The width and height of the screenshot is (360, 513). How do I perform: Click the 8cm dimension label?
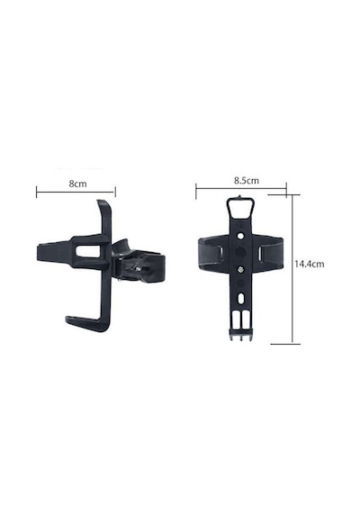click(x=78, y=184)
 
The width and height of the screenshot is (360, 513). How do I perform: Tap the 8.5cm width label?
click(x=246, y=181)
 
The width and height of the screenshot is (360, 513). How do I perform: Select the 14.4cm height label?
click(x=310, y=264)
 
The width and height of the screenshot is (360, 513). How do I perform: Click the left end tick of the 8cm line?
click(x=36, y=192)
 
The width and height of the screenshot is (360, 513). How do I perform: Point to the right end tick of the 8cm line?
click(x=115, y=192)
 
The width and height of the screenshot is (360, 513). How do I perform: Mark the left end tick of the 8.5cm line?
click(x=196, y=192)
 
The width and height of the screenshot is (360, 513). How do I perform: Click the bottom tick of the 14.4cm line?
click(x=285, y=344)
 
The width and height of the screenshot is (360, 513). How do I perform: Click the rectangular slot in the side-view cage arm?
click(x=88, y=251)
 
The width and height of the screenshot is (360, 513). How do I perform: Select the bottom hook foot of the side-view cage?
click(x=85, y=323)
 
